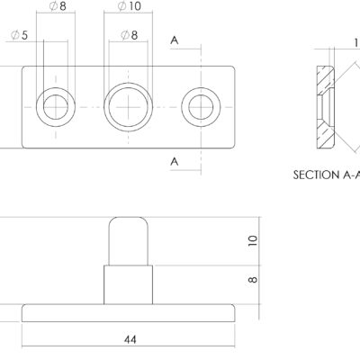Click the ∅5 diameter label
click(x=19, y=35)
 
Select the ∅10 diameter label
click(x=129, y=6)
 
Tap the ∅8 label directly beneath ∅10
click(x=130, y=35)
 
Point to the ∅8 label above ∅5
click(x=58, y=6)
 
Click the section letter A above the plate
click(x=175, y=40)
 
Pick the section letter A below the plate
click(x=175, y=162)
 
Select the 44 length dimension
click(x=130, y=339)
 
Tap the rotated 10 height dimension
click(x=253, y=241)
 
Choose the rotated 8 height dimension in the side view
click(x=253, y=280)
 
